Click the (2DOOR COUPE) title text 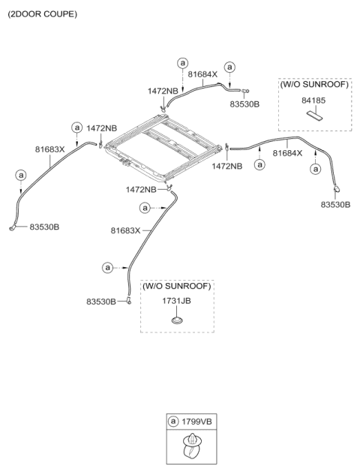pyautogui.click(x=43, y=14)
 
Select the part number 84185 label pyautogui.click(x=313, y=101)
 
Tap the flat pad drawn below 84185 pyautogui.click(x=314, y=115)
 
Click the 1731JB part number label pyautogui.click(x=176, y=301)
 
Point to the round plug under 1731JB pyautogui.click(x=177, y=320)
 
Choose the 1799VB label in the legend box pyautogui.click(x=196, y=422)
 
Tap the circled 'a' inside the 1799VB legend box pyautogui.click(x=173, y=422)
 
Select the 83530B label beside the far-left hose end pyautogui.click(x=44, y=227)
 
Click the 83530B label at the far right pyautogui.click(x=335, y=205)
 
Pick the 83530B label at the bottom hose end pyautogui.click(x=101, y=302)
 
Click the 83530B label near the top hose pyautogui.click(x=244, y=104)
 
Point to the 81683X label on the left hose pyautogui.click(x=50, y=149)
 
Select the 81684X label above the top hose pyautogui.click(x=202, y=74)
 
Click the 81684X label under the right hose pyautogui.click(x=287, y=153)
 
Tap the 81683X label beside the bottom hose pyautogui.click(x=125, y=230)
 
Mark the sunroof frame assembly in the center pyautogui.click(x=163, y=148)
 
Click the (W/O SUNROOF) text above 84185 pyautogui.click(x=314, y=84)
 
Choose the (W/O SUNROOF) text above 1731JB pyautogui.click(x=177, y=286)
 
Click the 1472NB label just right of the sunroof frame pyautogui.click(x=226, y=166)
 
